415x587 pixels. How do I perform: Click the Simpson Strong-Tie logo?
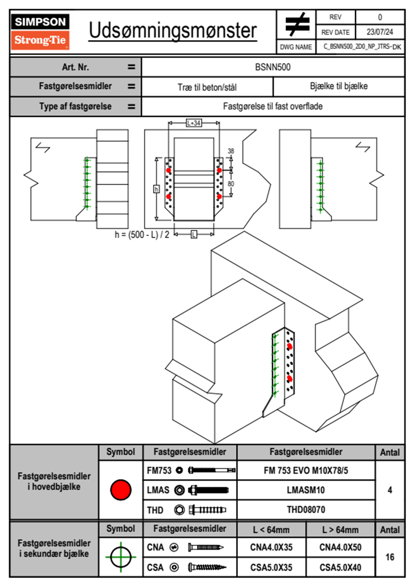pyautogui.click(x=40, y=32)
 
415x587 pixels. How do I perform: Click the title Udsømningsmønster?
pyautogui.click(x=173, y=31)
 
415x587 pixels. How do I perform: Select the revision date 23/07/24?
pyautogui.click(x=379, y=32)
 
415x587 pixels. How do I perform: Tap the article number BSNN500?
pyautogui.click(x=273, y=67)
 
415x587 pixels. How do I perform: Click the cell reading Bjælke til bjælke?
pyautogui.click(x=339, y=86)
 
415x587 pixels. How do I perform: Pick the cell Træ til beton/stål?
pyautogui.click(x=207, y=87)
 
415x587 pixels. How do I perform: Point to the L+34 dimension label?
pyautogui.click(x=194, y=123)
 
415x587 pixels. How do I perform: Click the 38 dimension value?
pyautogui.click(x=231, y=151)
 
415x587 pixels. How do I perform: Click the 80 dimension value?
pyautogui.click(x=231, y=184)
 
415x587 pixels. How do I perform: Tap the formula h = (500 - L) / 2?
pyautogui.click(x=142, y=235)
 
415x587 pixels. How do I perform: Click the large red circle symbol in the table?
pyautogui.click(x=121, y=490)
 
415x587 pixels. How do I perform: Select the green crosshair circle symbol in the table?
pyautogui.click(x=121, y=557)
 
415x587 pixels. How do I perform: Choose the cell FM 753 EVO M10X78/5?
pyautogui.click(x=306, y=470)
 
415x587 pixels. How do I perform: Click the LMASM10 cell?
pyautogui.click(x=306, y=490)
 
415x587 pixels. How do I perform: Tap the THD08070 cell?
pyautogui.click(x=306, y=510)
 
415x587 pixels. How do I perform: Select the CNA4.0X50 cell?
pyautogui.click(x=340, y=547)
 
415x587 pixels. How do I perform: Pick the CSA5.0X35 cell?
pyautogui.click(x=271, y=567)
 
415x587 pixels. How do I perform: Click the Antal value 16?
pyautogui.click(x=390, y=557)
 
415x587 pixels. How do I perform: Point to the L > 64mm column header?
pyautogui.click(x=340, y=530)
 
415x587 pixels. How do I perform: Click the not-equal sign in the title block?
pyautogui.click(x=297, y=24)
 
